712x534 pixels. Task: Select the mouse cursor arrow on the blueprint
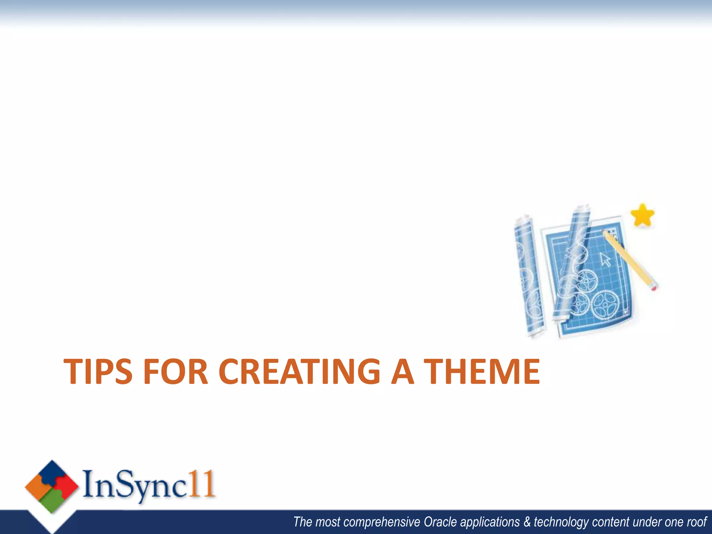(605, 259)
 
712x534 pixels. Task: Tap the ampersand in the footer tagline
(527, 522)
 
